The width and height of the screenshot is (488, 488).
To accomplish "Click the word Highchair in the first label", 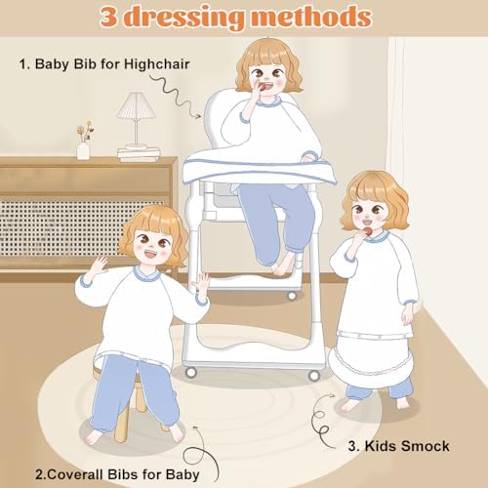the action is [156, 64].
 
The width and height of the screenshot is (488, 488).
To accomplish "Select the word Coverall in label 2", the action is [76, 474].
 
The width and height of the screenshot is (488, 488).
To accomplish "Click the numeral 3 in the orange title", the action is [108, 17].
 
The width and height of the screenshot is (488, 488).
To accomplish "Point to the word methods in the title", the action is [311, 17].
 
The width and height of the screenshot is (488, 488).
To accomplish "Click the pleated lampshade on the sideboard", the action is [137, 105].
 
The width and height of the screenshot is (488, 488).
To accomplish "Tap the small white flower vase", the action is [83, 150].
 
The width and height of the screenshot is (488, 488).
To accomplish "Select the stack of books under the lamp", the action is [139, 153].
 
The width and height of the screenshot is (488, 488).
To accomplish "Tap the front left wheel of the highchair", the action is [190, 372].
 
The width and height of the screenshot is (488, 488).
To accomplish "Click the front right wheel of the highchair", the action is [313, 376].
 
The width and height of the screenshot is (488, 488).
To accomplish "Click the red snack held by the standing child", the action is [368, 231].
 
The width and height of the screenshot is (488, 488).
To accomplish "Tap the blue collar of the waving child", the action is [148, 273].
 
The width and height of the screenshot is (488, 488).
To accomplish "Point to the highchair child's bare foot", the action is [282, 264].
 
